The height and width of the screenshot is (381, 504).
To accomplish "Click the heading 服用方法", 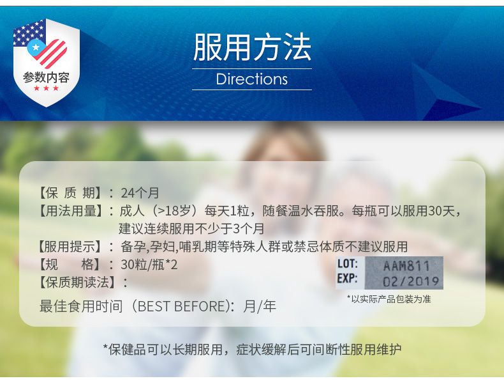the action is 252,47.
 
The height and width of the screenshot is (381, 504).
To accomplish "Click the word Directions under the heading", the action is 251,79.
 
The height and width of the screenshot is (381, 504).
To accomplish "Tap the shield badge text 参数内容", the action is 46,77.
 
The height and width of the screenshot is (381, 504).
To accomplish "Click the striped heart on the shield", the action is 48,53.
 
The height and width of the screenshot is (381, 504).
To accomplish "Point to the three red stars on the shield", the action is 47,88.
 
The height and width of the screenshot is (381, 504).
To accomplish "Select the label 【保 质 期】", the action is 70,193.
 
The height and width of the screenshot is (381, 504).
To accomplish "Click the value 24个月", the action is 140,193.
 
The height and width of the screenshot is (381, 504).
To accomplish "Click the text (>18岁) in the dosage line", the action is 174,211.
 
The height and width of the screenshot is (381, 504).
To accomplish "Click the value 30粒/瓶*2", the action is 149,265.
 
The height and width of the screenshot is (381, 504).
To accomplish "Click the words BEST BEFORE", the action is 183,306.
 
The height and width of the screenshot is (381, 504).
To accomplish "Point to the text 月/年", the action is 260,306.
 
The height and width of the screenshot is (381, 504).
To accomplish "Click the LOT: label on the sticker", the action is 348,264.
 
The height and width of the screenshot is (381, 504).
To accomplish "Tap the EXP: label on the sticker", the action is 347,278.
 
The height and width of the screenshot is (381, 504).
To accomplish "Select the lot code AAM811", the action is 406,266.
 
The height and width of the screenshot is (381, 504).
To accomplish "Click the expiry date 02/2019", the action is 411,281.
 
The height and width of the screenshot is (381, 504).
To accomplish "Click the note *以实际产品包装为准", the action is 389,299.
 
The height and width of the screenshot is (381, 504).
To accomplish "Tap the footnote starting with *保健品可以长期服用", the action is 252,350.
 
